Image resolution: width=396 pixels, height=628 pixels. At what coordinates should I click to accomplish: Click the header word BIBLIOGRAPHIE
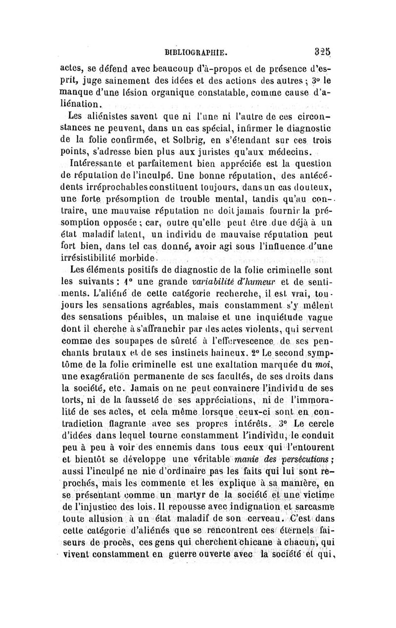pos(198,50)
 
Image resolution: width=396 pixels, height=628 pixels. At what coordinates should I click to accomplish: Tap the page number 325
pos(322,50)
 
